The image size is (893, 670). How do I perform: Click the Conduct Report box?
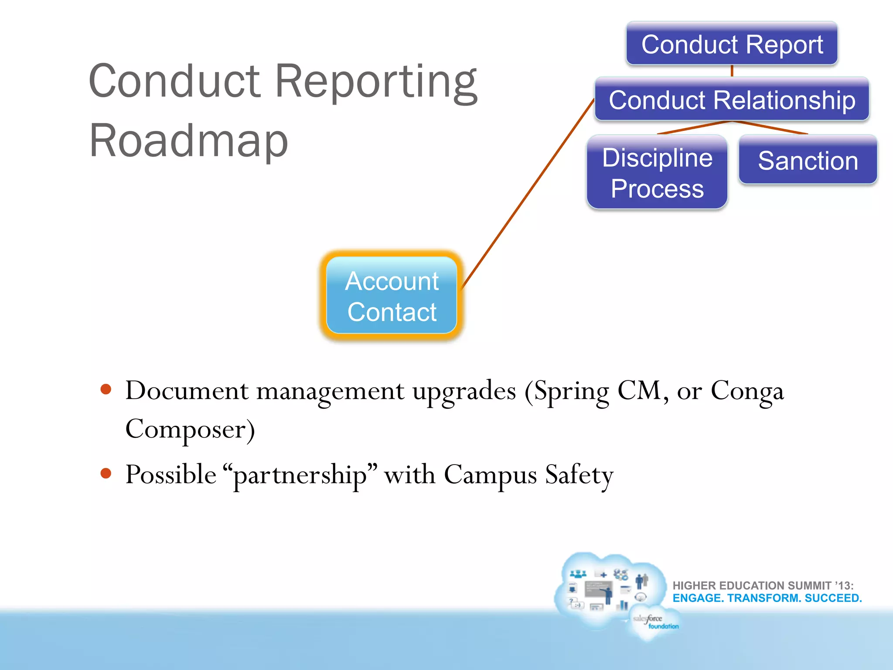click(732, 44)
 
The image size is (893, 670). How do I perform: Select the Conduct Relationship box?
click(732, 100)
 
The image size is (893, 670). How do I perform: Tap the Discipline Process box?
click(657, 173)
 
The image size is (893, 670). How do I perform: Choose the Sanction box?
click(808, 161)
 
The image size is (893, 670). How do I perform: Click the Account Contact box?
click(392, 296)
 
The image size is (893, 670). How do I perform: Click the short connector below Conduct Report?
click(732, 71)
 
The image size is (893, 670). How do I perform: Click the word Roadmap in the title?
click(188, 140)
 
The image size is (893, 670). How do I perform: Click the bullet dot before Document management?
click(106, 389)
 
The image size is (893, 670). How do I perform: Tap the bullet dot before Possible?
click(106, 473)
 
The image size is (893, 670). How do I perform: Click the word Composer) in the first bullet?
click(190, 429)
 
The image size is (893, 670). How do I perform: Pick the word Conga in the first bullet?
click(747, 391)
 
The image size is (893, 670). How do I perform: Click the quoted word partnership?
click(300, 475)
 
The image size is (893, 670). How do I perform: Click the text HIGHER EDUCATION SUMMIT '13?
click(763, 585)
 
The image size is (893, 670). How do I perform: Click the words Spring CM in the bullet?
click(596, 391)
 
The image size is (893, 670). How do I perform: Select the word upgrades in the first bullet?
click(464, 391)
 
